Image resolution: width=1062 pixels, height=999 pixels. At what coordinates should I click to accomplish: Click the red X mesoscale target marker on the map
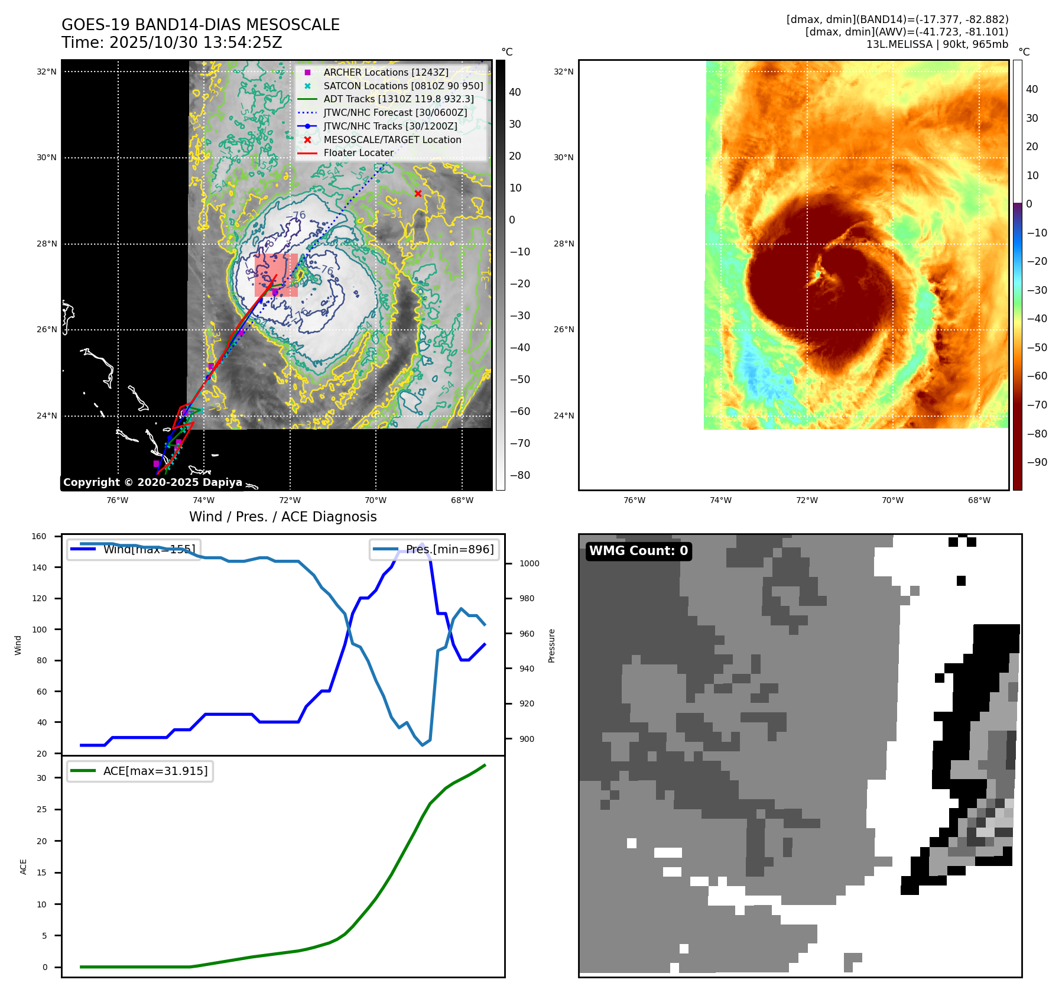pos(418,193)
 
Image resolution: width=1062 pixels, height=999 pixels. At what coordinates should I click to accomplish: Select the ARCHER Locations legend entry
pos(385,72)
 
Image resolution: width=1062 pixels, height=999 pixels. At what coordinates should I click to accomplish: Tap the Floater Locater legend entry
pos(358,153)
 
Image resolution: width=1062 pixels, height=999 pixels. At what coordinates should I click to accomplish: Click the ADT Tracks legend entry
pos(398,99)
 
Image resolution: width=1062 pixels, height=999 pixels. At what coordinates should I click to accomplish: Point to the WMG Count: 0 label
pos(638,551)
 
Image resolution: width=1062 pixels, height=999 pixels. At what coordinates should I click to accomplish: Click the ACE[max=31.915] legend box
pos(140,771)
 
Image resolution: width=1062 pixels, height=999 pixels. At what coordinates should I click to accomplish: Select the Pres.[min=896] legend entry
pos(435,549)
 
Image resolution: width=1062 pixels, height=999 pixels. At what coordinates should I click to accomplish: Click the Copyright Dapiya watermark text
pos(152,482)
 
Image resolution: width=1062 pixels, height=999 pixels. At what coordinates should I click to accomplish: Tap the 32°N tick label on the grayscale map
pos(47,72)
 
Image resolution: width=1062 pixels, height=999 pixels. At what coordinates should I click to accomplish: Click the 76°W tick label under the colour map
pos(634,500)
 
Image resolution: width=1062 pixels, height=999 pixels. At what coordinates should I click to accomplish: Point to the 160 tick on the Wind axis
pos(39,536)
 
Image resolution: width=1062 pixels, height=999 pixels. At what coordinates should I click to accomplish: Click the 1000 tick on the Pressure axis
pos(529,563)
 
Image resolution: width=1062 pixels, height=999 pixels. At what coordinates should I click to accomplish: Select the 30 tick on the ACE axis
pos(41,778)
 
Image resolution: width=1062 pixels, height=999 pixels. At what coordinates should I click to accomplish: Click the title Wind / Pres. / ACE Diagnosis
pos(282,517)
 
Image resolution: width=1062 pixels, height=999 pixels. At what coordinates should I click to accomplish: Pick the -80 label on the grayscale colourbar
pos(520,475)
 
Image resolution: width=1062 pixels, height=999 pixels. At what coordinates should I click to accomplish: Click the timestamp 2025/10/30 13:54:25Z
pos(196,43)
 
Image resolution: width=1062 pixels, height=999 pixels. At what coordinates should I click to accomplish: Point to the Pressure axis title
pos(551,646)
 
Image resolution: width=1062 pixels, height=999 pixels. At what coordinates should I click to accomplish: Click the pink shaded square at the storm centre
pos(276,275)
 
